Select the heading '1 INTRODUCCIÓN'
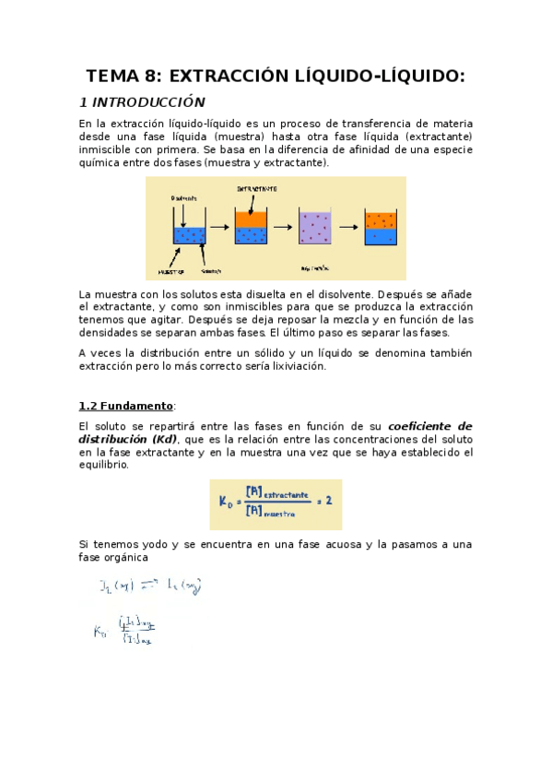click(x=142, y=101)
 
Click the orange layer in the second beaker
click(x=251, y=219)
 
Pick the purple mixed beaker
click(x=314, y=227)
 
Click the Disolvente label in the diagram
click(x=183, y=197)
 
